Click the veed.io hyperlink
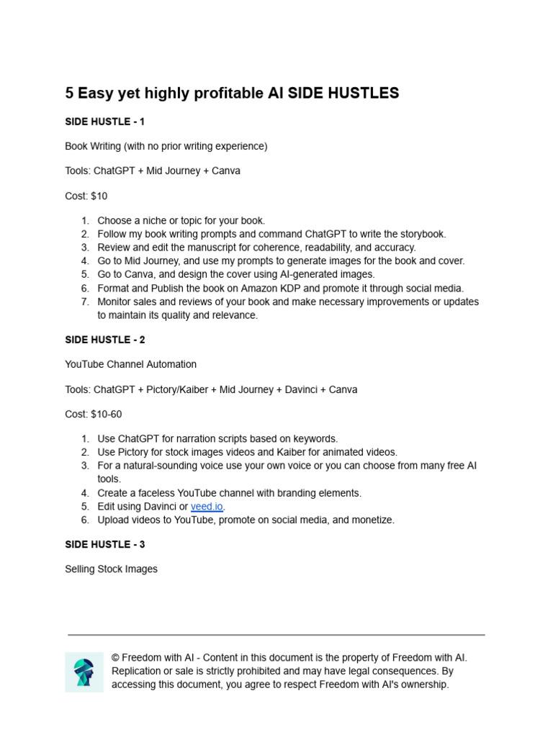(206, 507)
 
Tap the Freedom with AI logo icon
(84, 672)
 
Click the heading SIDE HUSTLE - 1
(104, 122)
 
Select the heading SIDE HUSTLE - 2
(104, 340)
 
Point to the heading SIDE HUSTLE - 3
(104, 545)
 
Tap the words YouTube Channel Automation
(130, 364)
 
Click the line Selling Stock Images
(111, 569)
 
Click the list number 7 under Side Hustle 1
(84, 302)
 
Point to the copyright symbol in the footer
(115, 658)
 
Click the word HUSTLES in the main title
(364, 94)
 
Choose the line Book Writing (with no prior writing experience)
(166, 146)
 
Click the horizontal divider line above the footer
(276, 635)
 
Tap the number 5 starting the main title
(69, 94)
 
